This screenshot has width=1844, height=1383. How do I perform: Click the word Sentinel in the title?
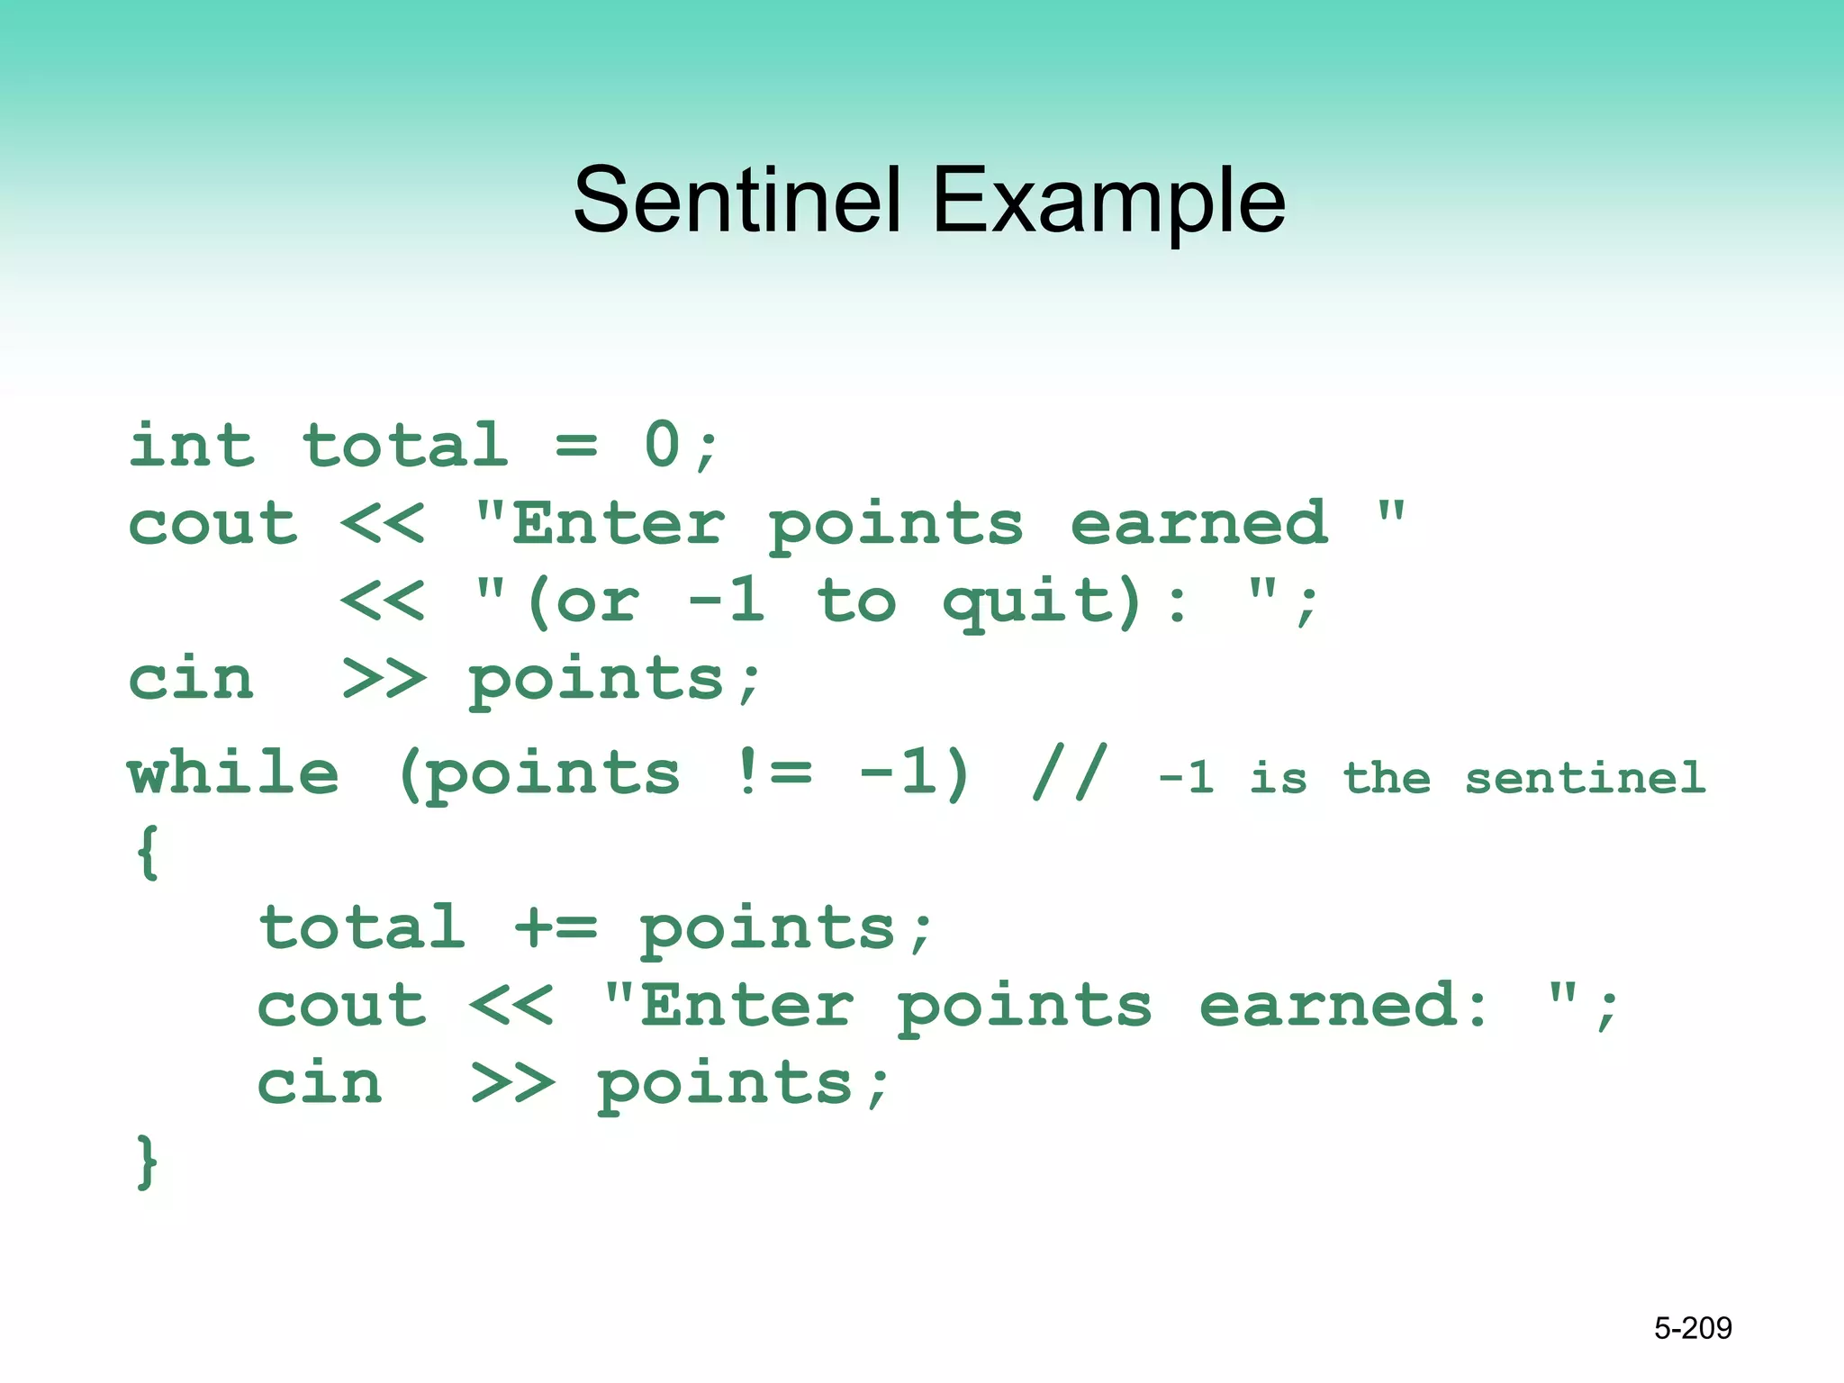pyautogui.click(x=737, y=200)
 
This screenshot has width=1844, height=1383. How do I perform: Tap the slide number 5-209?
pyautogui.click(x=1693, y=1328)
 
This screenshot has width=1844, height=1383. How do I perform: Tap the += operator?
pyautogui.click(x=555, y=927)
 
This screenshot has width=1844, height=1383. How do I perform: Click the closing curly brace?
pyautogui.click(x=148, y=1162)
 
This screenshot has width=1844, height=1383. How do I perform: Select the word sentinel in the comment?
pyautogui.click(x=1585, y=778)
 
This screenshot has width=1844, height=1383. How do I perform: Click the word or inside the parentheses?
pyautogui.click(x=598, y=601)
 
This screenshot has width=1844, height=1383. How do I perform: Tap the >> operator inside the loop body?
pyautogui.click(x=512, y=1082)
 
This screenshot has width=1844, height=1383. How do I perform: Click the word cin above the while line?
pyautogui.click(x=192, y=679)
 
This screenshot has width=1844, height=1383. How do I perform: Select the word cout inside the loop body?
pyautogui.click(x=341, y=1005)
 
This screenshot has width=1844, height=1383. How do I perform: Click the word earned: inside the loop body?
pyautogui.click(x=1343, y=1005)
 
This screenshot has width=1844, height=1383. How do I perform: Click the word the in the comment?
pyautogui.click(x=1387, y=778)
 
